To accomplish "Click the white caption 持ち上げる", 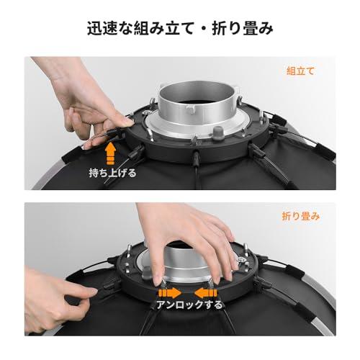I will (113, 173).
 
